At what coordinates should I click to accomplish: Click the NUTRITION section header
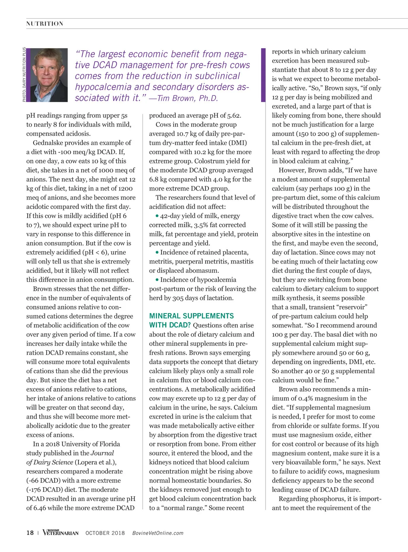[45, 24]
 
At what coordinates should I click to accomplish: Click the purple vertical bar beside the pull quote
[263, 75]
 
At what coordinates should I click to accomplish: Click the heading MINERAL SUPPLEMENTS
[191, 316]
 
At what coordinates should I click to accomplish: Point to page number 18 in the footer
[30, 533]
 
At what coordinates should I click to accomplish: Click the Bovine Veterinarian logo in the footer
[61, 532]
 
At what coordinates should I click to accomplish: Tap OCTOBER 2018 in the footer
[105, 533]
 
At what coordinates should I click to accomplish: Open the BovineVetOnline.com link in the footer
[158, 533]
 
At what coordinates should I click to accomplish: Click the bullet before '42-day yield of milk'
[157, 216]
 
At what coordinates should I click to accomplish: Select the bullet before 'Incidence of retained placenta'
[157, 252]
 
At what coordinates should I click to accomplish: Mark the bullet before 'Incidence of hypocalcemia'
[157, 280]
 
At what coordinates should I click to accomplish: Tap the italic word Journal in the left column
[102, 453]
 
